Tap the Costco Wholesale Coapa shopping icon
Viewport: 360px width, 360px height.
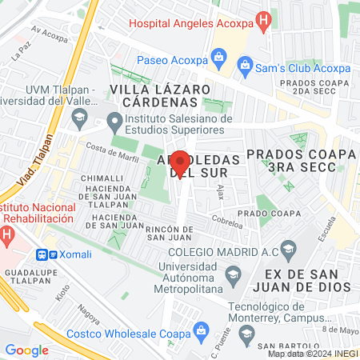202,330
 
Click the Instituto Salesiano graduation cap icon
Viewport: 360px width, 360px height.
114,123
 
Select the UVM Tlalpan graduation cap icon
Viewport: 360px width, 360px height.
78,120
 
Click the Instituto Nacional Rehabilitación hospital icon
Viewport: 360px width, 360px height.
7,236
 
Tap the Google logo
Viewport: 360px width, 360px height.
26,350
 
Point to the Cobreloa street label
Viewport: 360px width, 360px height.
226,218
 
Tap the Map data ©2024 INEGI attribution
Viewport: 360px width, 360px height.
311,353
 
